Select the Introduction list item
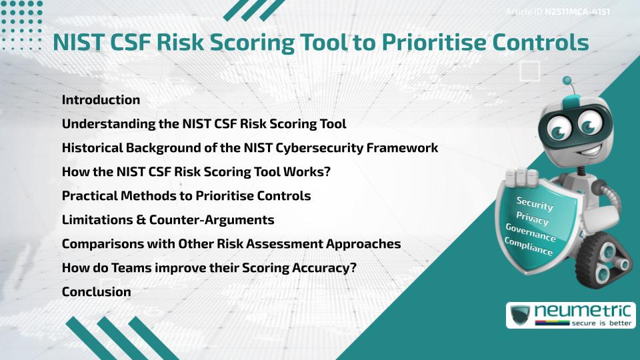coord(101,100)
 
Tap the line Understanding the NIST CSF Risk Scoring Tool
coord(204,124)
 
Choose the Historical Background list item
coord(250,148)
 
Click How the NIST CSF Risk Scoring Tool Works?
coord(197,172)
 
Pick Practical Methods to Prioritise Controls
coord(186,196)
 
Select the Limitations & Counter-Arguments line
coord(168,220)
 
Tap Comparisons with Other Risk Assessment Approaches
coord(231,244)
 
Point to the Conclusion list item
coord(96,292)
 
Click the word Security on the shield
coord(535,203)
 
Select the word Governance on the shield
coord(531,233)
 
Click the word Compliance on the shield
coord(529,247)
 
